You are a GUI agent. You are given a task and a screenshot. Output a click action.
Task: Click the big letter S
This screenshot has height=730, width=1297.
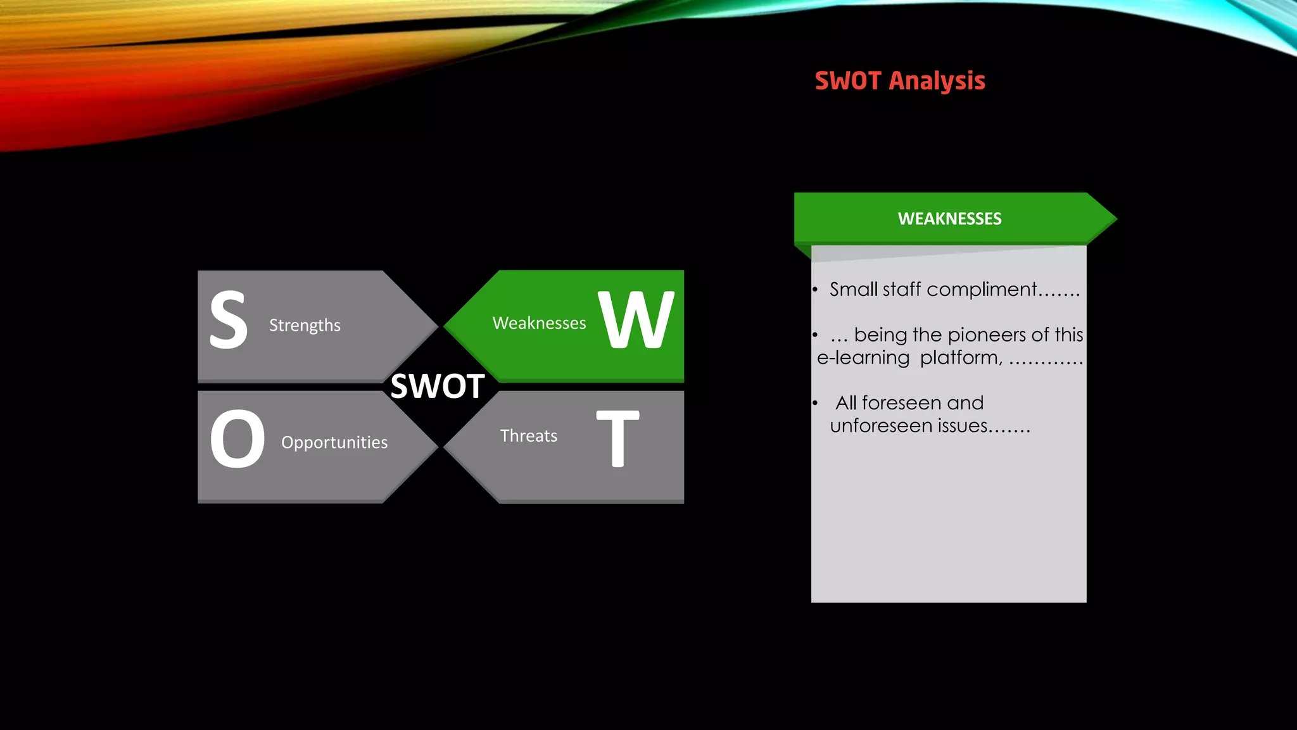(x=229, y=320)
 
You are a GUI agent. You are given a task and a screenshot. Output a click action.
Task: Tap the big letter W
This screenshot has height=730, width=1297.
(x=636, y=320)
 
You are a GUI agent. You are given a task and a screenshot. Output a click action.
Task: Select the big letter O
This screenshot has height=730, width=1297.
(x=237, y=439)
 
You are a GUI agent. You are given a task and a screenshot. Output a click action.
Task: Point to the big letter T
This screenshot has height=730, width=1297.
(x=617, y=439)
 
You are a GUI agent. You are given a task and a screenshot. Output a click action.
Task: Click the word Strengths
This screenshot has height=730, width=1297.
(x=305, y=325)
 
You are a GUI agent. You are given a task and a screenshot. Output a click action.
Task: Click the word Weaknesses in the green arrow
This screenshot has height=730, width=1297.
(x=539, y=323)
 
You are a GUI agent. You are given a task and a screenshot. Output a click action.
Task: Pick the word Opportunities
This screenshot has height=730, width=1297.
(x=334, y=442)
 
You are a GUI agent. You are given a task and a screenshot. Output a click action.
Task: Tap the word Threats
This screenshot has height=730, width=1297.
(x=529, y=436)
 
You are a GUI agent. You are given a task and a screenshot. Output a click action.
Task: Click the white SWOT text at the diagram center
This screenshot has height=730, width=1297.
(x=438, y=386)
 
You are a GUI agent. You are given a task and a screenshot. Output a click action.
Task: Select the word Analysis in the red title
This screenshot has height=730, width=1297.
(x=937, y=81)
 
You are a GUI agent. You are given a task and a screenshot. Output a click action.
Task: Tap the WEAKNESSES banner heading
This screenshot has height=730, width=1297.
(x=949, y=219)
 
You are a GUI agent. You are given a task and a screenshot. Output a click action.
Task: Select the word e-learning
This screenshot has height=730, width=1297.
(x=863, y=358)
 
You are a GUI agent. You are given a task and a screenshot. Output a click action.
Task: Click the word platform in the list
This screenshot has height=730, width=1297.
(x=959, y=358)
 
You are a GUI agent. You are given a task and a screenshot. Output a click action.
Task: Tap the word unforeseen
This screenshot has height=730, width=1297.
(x=881, y=426)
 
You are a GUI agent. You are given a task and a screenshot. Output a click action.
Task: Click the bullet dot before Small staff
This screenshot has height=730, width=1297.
(x=816, y=290)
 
